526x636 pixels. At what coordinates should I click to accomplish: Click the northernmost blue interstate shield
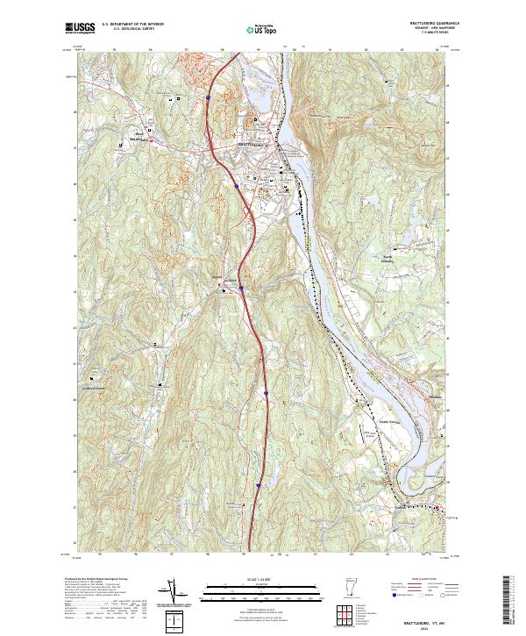[208, 97]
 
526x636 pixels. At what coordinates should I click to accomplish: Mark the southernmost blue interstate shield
[259, 483]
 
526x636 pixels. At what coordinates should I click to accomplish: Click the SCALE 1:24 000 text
[263, 580]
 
